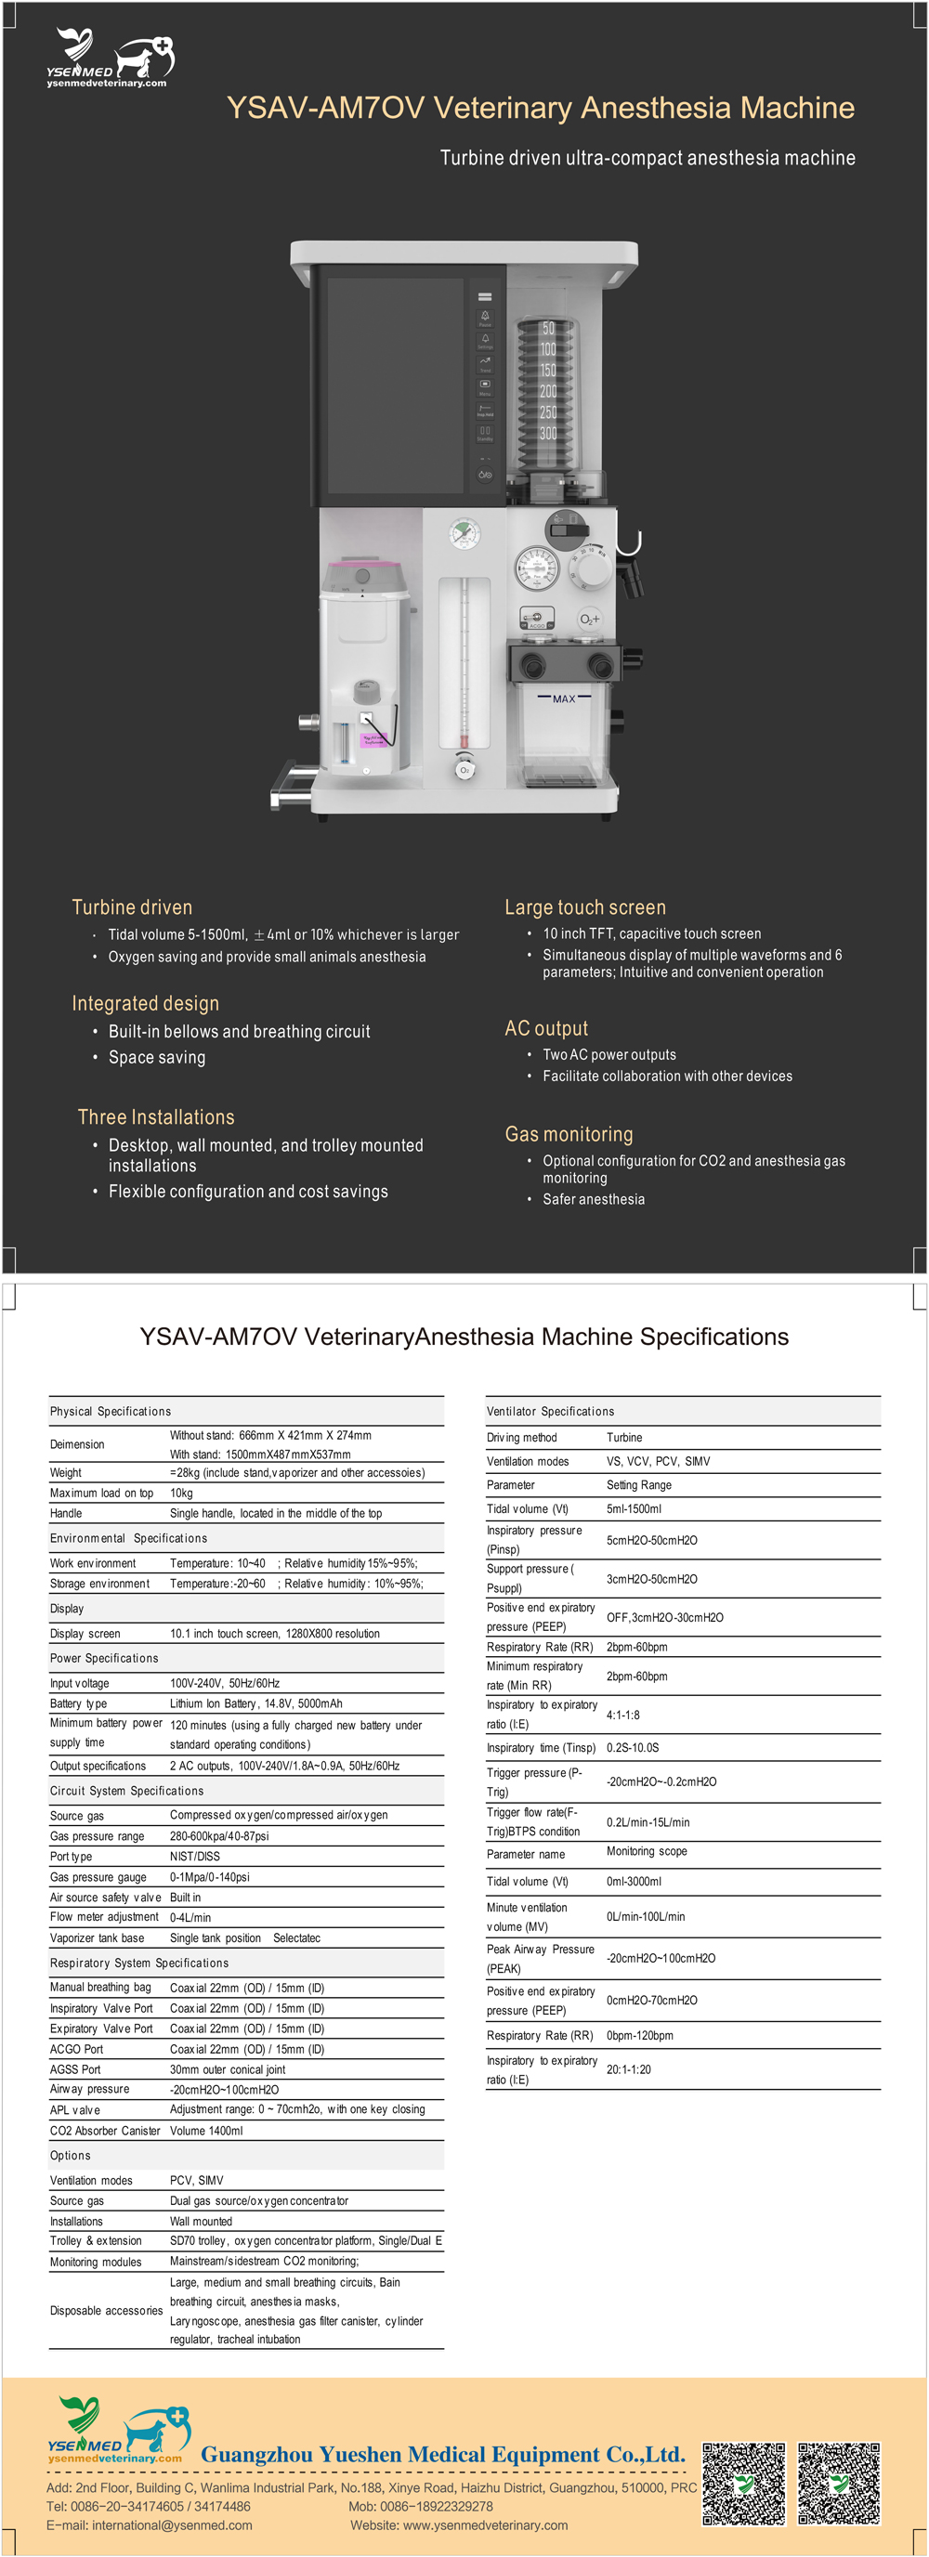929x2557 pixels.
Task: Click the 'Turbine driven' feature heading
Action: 132,907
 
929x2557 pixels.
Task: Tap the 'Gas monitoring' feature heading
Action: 569,1133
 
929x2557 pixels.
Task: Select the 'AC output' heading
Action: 546,1028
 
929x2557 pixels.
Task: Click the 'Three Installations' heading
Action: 156,1116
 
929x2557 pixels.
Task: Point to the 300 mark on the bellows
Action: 548,434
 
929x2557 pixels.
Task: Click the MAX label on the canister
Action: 564,698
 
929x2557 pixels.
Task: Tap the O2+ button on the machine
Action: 590,620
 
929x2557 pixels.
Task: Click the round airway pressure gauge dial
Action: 537,567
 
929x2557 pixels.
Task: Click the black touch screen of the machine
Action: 395,385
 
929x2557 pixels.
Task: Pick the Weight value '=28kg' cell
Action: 296,1473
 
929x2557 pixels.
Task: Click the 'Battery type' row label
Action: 78,1703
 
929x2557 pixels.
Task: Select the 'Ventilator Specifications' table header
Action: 550,1412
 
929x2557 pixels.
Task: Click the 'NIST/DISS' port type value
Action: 194,1856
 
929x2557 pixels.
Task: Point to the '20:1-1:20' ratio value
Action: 628,2069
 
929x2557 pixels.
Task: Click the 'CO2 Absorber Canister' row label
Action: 104,2130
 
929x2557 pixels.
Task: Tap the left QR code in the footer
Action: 743,2483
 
